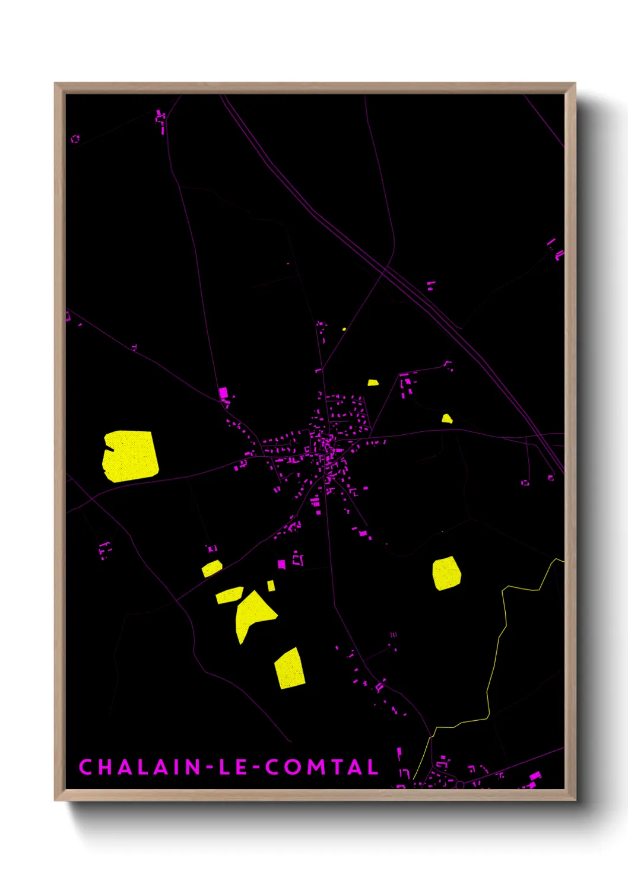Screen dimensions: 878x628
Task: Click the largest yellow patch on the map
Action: pyautogui.click(x=131, y=456)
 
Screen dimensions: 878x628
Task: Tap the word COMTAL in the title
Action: pyautogui.click(x=322, y=767)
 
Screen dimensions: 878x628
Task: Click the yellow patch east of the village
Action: pyautogui.click(x=446, y=573)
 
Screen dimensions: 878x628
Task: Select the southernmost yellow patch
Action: pyautogui.click(x=290, y=669)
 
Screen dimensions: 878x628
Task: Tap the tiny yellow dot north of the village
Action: pyautogui.click(x=344, y=329)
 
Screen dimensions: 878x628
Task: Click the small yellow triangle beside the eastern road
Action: pyautogui.click(x=447, y=419)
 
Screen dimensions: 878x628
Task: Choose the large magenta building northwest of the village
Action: pyautogui.click(x=223, y=393)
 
